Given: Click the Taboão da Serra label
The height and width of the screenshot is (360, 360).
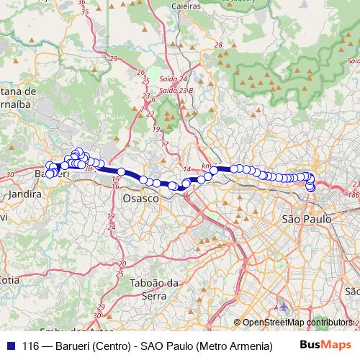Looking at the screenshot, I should [154, 289].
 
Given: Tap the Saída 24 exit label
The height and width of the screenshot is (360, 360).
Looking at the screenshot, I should [173, 78].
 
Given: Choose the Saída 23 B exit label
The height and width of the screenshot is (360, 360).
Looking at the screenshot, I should [176, 90].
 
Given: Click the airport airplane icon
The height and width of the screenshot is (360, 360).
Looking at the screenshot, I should [282, 307].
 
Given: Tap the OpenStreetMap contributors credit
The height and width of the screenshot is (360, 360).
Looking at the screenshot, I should [297, 323].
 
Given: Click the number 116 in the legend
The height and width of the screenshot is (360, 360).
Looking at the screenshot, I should [31, 345].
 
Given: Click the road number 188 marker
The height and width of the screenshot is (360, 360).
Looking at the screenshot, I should [353, 194].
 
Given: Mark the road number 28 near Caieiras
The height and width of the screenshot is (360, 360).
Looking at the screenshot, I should [217, 45].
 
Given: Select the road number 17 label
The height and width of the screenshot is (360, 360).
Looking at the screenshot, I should [164, 144].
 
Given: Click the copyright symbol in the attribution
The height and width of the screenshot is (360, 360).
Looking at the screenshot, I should [238, 323].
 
